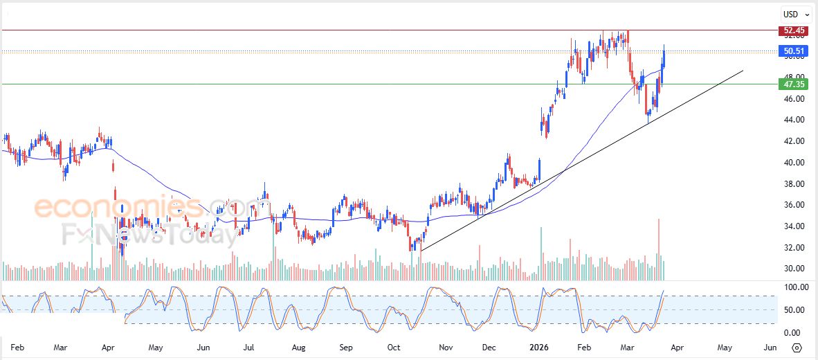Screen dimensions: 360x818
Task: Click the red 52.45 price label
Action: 792,30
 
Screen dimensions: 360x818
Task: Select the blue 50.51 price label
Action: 792,51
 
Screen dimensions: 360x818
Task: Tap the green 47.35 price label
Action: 792,84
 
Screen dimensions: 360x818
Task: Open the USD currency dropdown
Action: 796,14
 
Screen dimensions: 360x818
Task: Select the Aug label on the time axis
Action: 298,347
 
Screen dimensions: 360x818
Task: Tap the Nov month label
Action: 446,347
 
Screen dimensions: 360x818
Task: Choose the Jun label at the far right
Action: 770,347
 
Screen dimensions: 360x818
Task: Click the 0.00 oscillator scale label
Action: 791,332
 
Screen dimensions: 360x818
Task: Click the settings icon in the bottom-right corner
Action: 797,348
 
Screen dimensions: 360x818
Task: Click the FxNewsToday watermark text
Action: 149,235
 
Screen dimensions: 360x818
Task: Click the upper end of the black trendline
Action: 743,71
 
